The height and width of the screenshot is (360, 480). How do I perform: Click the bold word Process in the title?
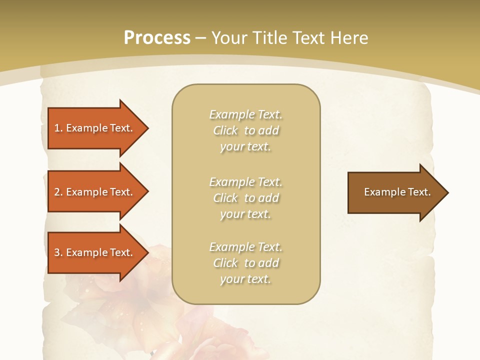pyautogui.click(x=157, y=38)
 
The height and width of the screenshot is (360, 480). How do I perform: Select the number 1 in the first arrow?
pyautogui.click(x=57, y=128)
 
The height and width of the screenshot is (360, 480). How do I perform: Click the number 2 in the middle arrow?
pyautogui.click(x=57, y=192)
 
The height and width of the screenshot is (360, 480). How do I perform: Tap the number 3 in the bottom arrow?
pyautogui.click(x=57, y=252)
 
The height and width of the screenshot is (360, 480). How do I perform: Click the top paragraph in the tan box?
pyautogui.click(x=245, y=130)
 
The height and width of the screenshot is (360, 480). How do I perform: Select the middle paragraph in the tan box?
pyautogui.click(x=245, y=198)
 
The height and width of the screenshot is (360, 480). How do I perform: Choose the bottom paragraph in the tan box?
pyautogui.click(x=245, y=263)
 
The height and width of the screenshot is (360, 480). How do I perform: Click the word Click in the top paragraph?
pyautogui.click(x=225, y=130)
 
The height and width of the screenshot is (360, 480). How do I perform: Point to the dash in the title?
pyautogui.click(x=200, y=38)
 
